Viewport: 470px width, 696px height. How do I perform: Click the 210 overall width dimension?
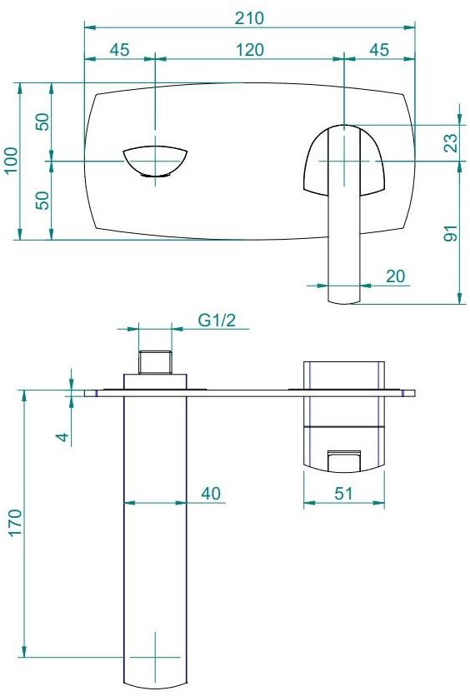click(249, 17)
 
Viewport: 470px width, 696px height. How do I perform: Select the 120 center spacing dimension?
click(249, 50)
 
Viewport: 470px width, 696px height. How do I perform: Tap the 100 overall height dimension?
click(10, 161)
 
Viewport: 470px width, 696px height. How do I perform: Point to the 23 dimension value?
click(450, 143)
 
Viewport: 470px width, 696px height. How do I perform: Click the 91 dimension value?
click(450, 234)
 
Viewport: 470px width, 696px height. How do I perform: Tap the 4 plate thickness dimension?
click(70, 433)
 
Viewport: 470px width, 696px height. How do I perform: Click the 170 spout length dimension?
click(15, 524)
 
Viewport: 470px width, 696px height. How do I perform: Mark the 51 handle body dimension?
click(344, 494)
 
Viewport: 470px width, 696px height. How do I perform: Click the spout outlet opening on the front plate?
click(156, 161)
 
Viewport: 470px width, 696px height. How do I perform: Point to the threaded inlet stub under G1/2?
click(155, 363)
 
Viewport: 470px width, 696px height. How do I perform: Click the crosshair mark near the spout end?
click(156, 657)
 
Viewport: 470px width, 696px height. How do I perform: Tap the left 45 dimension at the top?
click(120, 50)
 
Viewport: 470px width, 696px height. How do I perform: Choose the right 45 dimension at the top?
click(379, 50)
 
